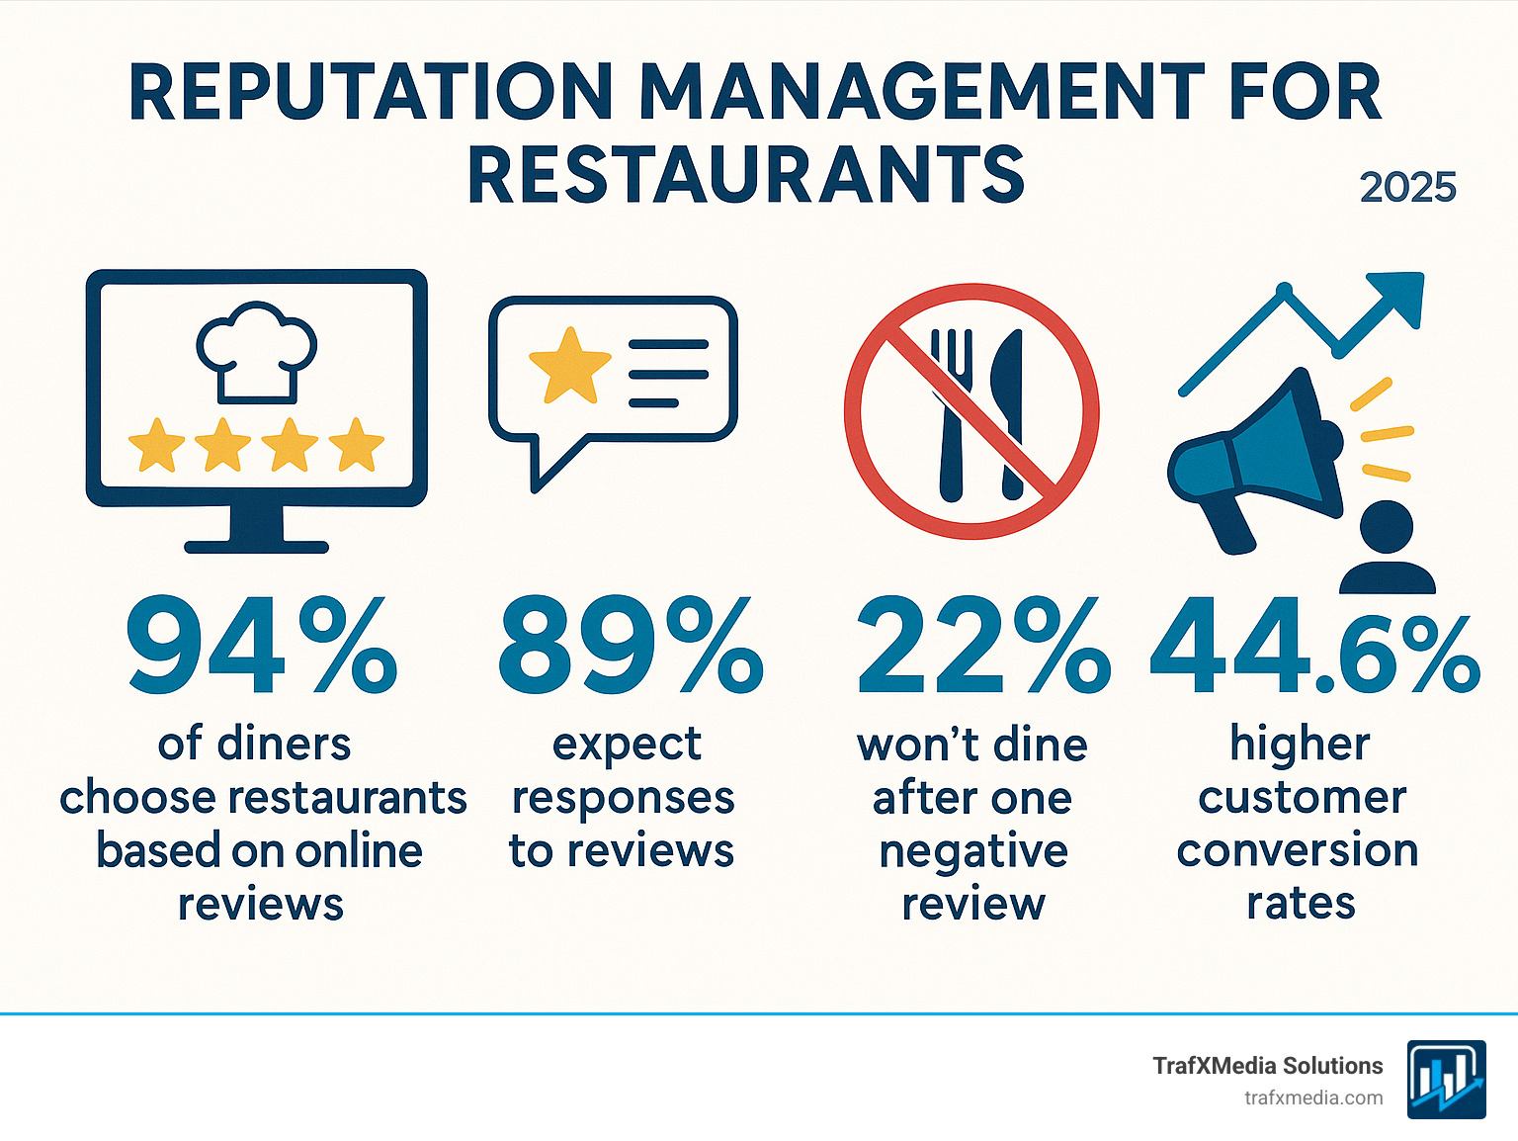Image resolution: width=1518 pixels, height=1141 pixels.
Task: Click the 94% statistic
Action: click(261, 647)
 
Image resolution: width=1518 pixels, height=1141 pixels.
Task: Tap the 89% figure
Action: click(631, 647)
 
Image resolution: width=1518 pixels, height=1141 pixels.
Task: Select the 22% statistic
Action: click(982, 647)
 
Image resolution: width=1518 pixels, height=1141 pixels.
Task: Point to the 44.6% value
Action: click(1314, 647)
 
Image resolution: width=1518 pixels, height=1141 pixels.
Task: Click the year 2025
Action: click(1407, 188)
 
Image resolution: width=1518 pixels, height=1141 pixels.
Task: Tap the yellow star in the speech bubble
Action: click(569, 366)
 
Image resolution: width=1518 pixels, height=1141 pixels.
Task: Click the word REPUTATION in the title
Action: click(371, 93)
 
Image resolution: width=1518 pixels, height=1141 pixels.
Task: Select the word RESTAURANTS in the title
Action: click(746, 175)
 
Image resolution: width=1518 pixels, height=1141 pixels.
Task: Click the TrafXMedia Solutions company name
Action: click(1267, 1066)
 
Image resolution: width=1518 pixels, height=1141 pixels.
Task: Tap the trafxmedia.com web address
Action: click(1312, 1097)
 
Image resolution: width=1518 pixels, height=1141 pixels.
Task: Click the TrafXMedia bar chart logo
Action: click(1446, 1080)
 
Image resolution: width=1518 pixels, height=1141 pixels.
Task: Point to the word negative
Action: click(973, 851)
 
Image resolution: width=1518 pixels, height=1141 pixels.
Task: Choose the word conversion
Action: click(1297, 851)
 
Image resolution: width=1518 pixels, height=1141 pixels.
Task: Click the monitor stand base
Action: click(256, 546)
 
